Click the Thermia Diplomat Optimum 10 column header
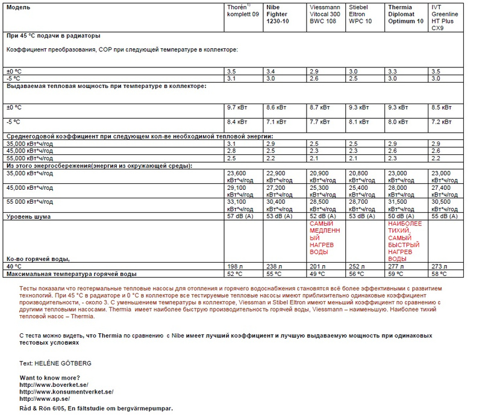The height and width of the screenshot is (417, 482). coord(404,14)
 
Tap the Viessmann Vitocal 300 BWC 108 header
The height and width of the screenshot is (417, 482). coord(325,14)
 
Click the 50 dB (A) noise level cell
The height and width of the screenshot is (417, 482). coord(401,216)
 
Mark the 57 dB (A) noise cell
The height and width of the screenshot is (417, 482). coord(241,216)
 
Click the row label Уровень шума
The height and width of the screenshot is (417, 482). coord(28,216)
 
